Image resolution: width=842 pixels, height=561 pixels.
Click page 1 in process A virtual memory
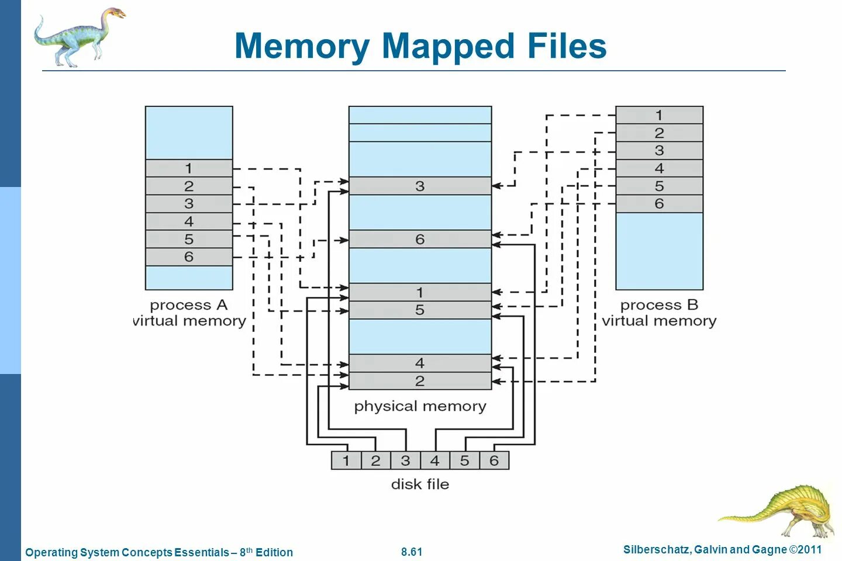pos(189,168)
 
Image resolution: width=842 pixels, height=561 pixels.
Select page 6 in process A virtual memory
pos(189,257)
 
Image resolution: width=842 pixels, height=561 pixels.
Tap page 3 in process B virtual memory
pos(660,151)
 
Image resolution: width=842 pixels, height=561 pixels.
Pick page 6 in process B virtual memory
pos(660,204)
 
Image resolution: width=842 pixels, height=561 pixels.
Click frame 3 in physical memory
pos(420,186)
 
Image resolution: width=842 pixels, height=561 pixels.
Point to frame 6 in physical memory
pos(420,239)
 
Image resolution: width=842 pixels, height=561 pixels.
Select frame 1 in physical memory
pos(420,292)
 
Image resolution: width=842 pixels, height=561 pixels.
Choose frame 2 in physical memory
pos(420,381)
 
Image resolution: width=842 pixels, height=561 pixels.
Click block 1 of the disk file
pos(346,460)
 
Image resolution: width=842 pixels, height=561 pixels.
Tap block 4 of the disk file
pos(435,460)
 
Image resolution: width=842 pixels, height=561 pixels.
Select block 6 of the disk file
pos(494,460)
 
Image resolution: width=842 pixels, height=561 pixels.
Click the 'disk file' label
pos(420,484)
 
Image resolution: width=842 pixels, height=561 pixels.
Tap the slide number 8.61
pos(412,552)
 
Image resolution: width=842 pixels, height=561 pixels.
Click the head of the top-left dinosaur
pos(116,14)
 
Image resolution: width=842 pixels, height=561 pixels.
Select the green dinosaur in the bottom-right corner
pos(778,511)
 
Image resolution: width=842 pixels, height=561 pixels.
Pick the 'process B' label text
pos(659,305)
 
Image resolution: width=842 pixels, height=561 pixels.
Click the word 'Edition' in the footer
pos(274,552)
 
